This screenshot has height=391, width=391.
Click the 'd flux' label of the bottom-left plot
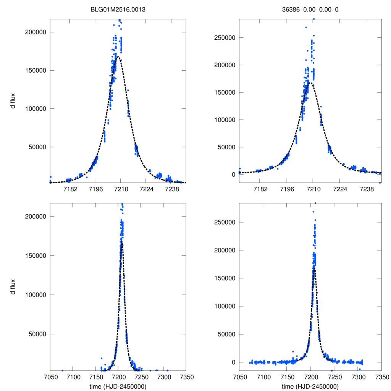coord(13,286)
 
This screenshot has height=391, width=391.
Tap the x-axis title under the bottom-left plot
coord(118,386)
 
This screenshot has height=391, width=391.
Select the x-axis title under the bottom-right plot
coord(310,386)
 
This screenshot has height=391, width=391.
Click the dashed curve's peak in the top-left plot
coord(118,57)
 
